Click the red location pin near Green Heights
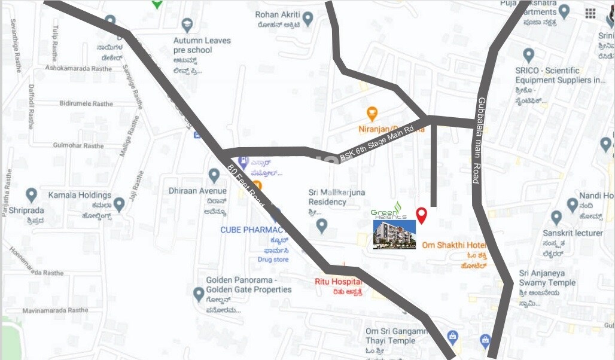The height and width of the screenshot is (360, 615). [421, 215]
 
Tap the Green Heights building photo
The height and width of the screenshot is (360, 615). [394, 234]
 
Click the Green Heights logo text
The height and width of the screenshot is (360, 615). [389, 214]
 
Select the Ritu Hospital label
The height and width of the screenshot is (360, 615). [338, 282]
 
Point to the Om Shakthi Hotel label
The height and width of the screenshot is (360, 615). [454, 245]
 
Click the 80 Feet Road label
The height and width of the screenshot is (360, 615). [246, 185]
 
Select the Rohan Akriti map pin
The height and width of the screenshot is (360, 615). [307, 19]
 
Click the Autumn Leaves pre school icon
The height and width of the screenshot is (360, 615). [187, 26]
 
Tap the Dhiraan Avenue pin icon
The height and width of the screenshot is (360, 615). [214, 175]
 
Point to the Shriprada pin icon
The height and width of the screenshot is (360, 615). [31, 195]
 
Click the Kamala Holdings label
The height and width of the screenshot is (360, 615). [80, 195]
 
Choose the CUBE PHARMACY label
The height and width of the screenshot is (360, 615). [249, 230]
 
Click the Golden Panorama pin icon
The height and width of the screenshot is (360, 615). [199, 294]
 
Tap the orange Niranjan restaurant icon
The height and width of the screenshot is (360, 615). [372, 113]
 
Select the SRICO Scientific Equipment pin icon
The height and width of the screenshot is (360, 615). [528, 56]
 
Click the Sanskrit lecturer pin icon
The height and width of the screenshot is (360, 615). [556, 218]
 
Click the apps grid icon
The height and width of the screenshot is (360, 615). [590, 13]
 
